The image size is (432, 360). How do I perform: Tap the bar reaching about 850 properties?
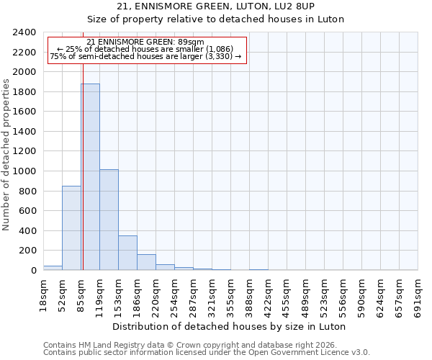71,228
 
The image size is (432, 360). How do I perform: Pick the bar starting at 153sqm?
127,253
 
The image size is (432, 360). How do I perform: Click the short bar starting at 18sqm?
53,268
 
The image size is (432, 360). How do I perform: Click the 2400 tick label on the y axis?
24,32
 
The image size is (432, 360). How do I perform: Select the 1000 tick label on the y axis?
24,171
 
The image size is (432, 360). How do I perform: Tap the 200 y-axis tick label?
27,251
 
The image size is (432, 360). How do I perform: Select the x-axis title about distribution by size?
230,326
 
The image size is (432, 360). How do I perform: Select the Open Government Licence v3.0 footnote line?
207,353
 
